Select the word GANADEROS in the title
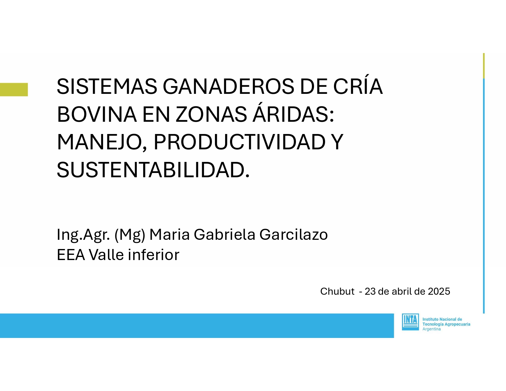click(x=228, y=86)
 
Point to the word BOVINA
click(x=97, y=114)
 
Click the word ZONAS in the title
click(x=211, y=114)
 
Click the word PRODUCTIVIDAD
click(x=240, y=142)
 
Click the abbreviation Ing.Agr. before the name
click(x=83, y=235)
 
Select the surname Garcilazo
click(x=293, y=234)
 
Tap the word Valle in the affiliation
click(x=106, y=255)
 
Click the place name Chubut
click(x=337, y=291)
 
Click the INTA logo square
click(x=410, y=322)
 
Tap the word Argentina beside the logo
click(x=431, y=329)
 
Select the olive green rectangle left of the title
click(x=14, y=90)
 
